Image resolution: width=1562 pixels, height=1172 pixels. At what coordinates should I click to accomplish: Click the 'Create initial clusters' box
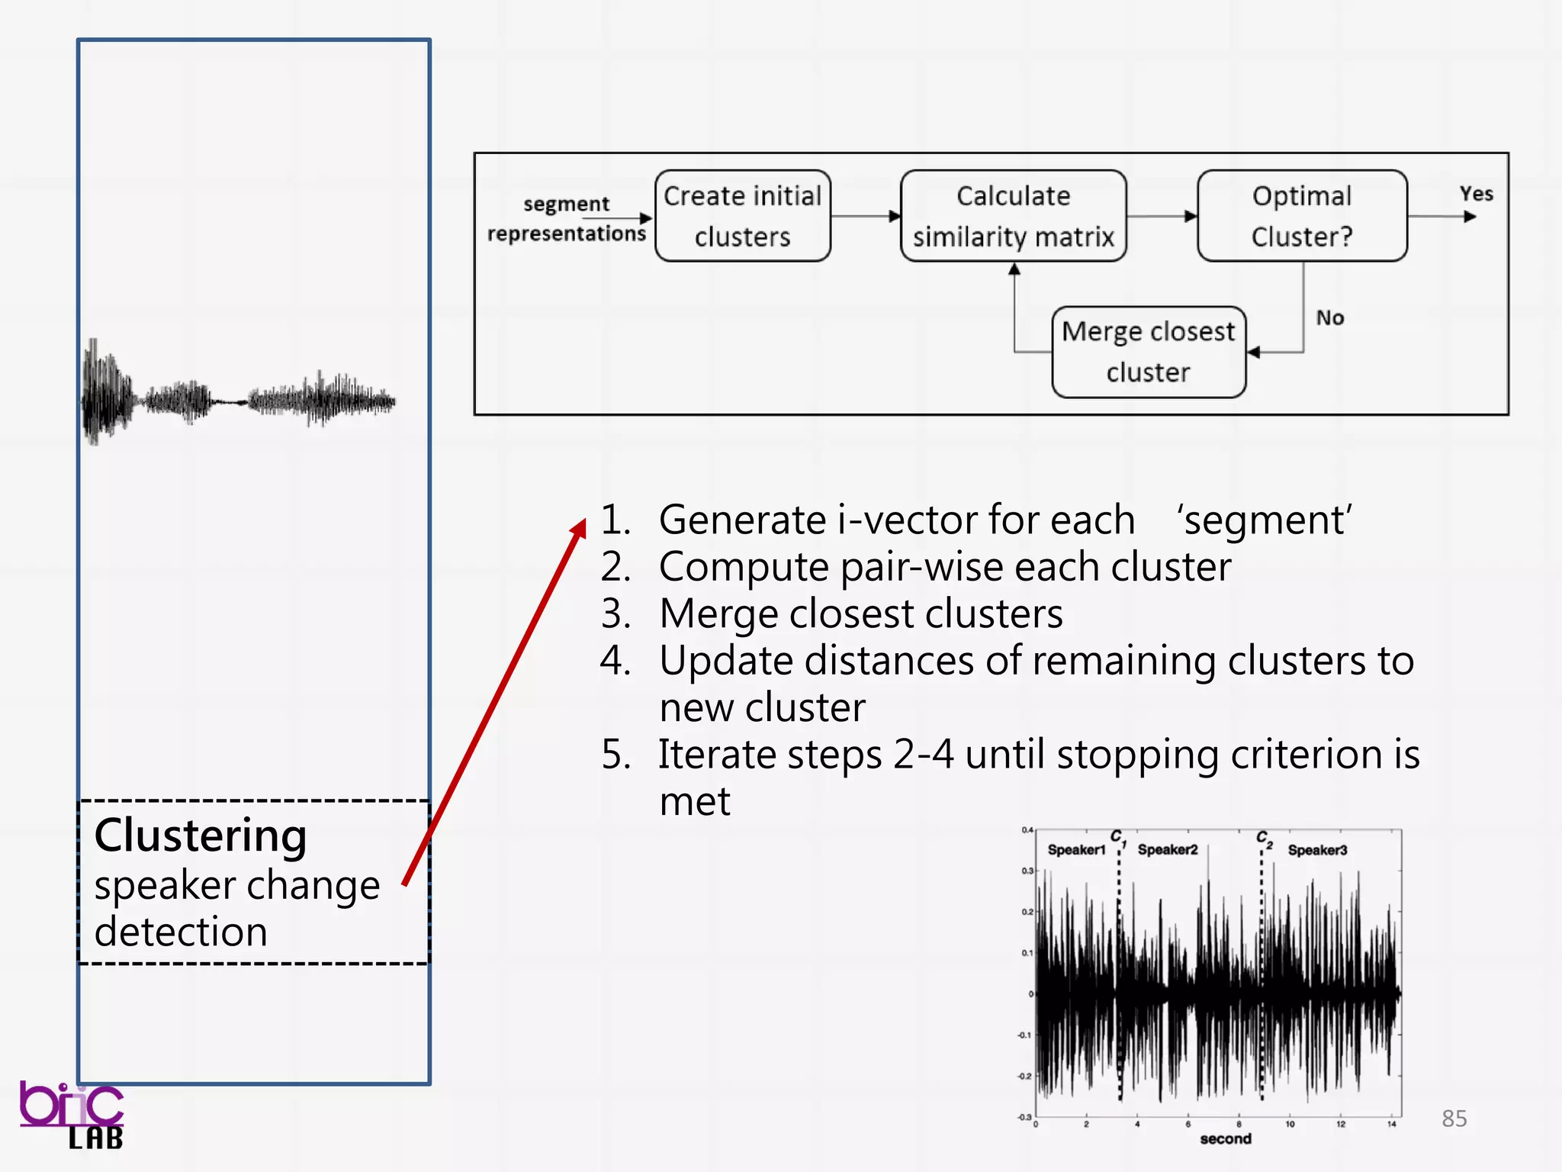pos(742,216)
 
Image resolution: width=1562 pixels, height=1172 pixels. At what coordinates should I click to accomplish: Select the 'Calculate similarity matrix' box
pos(1013,216)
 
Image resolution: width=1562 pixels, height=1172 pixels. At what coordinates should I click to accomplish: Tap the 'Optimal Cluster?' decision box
pos(1302,216)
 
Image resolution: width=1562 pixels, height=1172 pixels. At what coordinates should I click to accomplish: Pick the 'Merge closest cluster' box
pos(1148,352)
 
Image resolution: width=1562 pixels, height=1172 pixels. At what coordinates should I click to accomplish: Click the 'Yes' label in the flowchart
pos(1476,194)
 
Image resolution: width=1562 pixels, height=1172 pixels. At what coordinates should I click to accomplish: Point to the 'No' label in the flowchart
pos(1329,318)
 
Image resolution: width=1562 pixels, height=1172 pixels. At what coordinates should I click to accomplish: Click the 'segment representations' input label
pos(566,219)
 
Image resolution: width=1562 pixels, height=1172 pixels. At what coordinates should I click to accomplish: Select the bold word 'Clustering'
pos(201,836)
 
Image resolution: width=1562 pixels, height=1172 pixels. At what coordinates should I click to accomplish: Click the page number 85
pos(1454,1119)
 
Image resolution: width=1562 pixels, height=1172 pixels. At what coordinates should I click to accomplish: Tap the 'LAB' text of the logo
pos(95,1139)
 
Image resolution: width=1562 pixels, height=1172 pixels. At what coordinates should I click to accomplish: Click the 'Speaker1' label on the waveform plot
pos(1076,850)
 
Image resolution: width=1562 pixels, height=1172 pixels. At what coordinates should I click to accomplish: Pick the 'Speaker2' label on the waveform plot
pos(1168,850)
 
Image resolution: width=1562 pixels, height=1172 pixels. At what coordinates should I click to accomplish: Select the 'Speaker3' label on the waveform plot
pos(1317,850)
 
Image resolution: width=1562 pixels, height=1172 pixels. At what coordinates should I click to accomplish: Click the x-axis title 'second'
pos(1225,1139)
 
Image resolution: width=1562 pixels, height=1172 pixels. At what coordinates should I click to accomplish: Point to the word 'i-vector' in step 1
pos(907,520)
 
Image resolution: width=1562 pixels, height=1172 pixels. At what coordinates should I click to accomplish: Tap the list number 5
pos(615,755)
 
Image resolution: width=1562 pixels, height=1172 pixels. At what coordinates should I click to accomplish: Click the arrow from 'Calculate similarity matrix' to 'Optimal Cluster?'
pos(1162,217)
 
